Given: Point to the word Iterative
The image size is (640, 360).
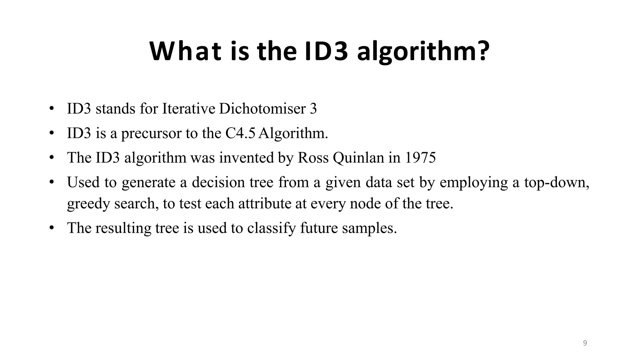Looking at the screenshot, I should tap(189, 109).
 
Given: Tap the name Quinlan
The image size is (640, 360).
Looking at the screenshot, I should tap(358, 157).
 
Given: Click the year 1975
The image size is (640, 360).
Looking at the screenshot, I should tap(420, 157).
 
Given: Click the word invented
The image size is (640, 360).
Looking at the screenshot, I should tap(246, 157).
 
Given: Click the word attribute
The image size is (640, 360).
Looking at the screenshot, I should tap(265, 203).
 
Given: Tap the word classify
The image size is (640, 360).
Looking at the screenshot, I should tap(271, 228).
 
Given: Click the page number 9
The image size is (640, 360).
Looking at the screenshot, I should tap(585, 343).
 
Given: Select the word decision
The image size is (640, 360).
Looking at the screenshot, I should tap(218, 182).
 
